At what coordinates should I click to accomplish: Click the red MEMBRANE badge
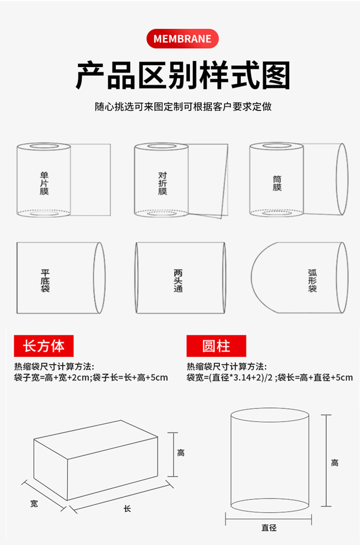tap(182, 39)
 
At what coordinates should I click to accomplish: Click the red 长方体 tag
tap(44, 346)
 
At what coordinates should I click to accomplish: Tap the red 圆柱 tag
tap(216, 346)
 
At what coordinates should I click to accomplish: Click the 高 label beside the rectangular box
tap(180, 453)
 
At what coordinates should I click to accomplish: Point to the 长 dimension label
tap(127, 509)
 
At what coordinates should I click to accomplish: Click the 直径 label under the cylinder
tap(269, 527)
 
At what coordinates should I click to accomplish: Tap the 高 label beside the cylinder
tap(335, 463)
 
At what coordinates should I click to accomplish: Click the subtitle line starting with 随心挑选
tap(183, 107)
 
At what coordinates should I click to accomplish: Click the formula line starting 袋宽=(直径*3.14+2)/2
tap(270, 377)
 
